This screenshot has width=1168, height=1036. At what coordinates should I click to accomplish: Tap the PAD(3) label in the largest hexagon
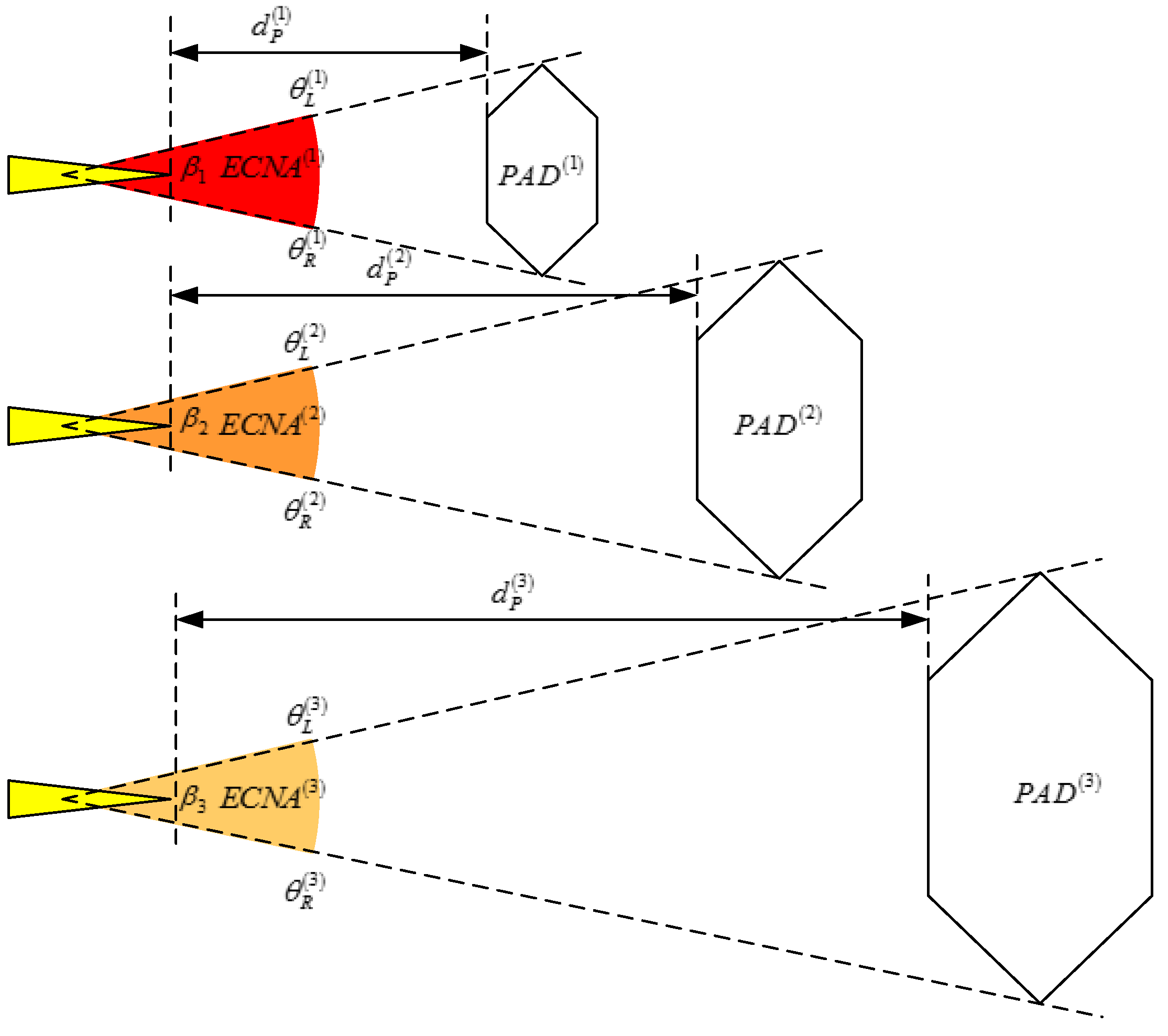pos(1056,791)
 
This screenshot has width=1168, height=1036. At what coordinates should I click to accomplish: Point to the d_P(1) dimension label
pos(271,26)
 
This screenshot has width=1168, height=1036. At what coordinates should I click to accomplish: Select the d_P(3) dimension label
pos(512,593)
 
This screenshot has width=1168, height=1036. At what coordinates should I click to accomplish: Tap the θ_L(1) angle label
pos(308,89)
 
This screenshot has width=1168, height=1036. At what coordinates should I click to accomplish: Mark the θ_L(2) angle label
pos(304,342)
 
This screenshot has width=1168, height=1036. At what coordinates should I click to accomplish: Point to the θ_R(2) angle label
pos(304,510)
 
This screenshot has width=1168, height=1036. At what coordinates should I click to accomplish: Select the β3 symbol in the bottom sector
pos(192,799)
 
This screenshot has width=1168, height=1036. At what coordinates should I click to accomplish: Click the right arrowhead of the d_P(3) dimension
pos(914,619)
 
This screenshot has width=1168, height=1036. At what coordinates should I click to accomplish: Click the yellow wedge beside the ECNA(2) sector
pos(40,426)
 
